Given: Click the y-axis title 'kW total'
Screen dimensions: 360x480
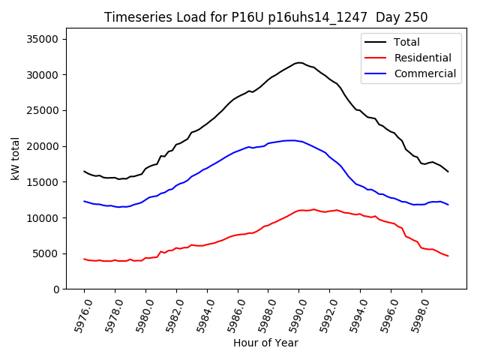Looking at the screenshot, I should coord(15,159).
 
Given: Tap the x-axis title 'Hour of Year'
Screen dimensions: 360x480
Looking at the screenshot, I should coord(265,343).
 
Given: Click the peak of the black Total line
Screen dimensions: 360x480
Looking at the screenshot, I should coord(298,62).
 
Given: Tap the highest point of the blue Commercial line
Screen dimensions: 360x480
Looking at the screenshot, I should coord(291,140).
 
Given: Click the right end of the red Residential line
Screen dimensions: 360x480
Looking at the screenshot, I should coord(448,256).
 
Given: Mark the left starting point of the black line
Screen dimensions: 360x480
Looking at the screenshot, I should coord(84,171).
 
